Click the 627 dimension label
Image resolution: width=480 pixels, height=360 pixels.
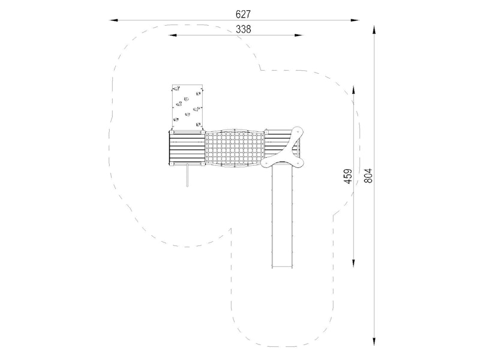[x=243, y=14]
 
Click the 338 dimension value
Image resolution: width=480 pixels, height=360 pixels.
[x=244, y=29]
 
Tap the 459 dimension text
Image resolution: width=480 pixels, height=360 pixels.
[x=348, y=176]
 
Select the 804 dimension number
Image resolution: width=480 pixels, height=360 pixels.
[x=368, y=176]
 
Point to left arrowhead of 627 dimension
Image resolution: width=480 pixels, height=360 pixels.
[x=114, y=20]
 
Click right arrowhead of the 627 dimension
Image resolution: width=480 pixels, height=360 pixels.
[x=355, y=20]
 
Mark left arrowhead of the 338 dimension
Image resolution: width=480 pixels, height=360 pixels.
[x=173, y=35]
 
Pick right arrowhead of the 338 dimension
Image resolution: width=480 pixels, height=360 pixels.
[x=298, y=35]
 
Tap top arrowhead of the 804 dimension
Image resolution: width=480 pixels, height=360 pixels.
[x=374, y=30]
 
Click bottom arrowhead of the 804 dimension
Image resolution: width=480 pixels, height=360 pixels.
[x=374, y=341]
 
